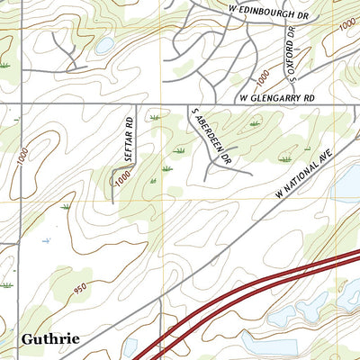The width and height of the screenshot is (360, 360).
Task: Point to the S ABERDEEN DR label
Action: coord(210,135)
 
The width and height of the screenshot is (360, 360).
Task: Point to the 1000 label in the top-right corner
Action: coord(346,26)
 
